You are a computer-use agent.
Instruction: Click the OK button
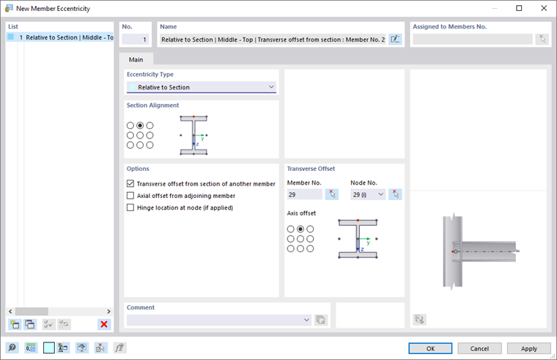(430, 348)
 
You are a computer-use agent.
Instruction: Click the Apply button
(528, 348)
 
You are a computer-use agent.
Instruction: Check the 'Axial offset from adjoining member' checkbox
(130, 196)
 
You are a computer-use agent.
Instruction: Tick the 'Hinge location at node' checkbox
(130, 207)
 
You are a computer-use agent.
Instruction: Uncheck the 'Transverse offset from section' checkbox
(130, 184)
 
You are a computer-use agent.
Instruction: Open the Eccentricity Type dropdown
(202, 87)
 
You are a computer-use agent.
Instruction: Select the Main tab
(136, 59)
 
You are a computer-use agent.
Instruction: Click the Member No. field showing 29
(304, 194)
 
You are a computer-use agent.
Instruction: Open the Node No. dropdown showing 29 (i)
(368, 194)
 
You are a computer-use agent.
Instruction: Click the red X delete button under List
(104, 324)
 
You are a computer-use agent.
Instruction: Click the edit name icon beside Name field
(396, 40)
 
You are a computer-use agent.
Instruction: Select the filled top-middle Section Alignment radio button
(140, 125)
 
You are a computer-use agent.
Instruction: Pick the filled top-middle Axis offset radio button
(300, 229)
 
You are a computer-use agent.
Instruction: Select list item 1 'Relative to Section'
(66, 37)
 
